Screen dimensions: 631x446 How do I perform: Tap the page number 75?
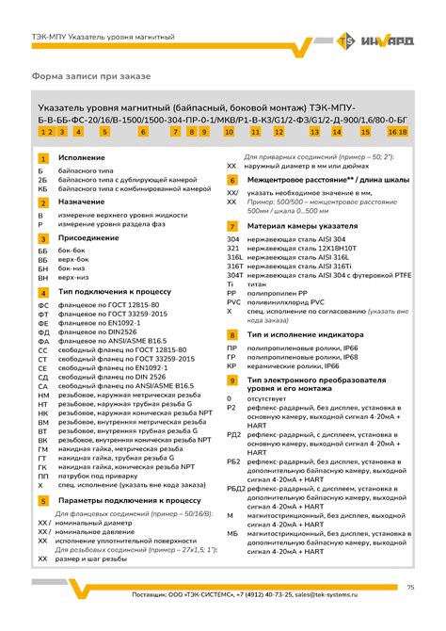pos(410,588)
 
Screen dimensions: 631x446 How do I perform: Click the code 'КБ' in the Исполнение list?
pos(42,188)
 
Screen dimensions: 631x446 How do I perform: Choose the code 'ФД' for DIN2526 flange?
pos(42,332)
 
